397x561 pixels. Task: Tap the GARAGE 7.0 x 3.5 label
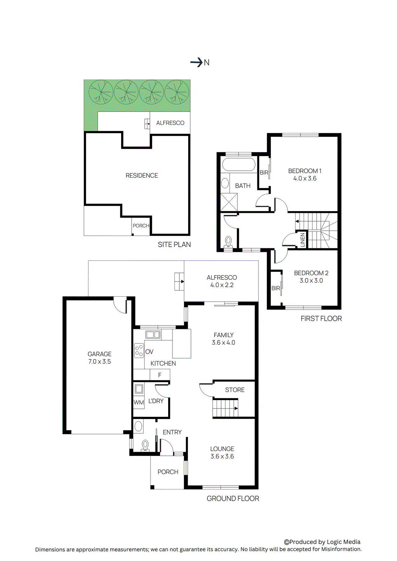pos(99,358)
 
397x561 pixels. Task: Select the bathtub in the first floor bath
pos(239,164)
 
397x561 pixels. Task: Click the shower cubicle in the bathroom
pos(229,202)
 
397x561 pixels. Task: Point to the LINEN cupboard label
pos(302,240)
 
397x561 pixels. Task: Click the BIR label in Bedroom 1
pos(264,173)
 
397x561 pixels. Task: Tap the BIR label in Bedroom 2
pos(276,288)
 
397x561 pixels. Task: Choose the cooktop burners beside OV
pos(139,350)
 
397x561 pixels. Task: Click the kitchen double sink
pos(153,334)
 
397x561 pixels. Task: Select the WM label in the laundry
pos(139,403)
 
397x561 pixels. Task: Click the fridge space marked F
pos(160,375)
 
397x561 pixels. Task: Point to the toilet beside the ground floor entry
pos(145,446)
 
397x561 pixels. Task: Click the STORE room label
pos(235,390)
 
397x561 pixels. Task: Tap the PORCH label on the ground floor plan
pos(168,472)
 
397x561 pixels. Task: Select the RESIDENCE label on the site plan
pos(142,175)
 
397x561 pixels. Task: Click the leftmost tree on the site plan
pos(101,92)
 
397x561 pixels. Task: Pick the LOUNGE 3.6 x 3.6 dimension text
pos(222,456)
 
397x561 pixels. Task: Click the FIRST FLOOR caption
pos(321,318)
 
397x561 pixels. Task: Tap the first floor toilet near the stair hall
pos(229,242)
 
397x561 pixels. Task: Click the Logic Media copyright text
pos(322,542)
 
